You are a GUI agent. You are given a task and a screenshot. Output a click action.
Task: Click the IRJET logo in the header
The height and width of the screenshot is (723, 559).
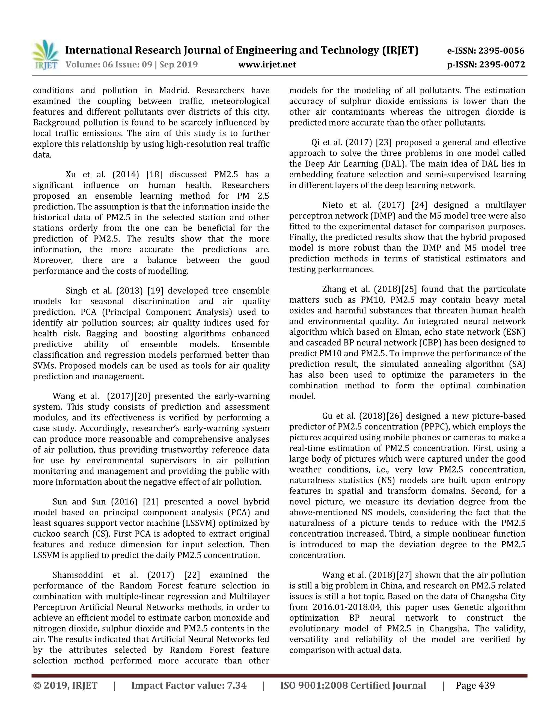(x=46, y=55)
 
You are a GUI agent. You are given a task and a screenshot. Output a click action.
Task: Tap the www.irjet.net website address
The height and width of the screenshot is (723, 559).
(x=267, y=65)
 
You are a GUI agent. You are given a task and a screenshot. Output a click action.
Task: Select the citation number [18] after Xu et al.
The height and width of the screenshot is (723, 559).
(x=154, y=174)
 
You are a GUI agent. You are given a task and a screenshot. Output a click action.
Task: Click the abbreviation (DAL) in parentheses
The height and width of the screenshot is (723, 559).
(x=382, y=164)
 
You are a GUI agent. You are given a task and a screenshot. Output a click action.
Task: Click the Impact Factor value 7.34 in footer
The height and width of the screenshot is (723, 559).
(x=236, y=685)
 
